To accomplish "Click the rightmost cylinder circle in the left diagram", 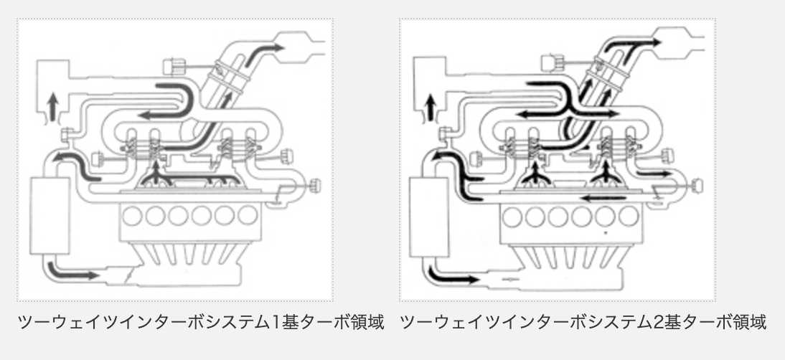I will point(248,215).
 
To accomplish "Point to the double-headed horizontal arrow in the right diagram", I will point(567,113).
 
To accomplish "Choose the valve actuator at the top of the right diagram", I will point(551,63).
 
